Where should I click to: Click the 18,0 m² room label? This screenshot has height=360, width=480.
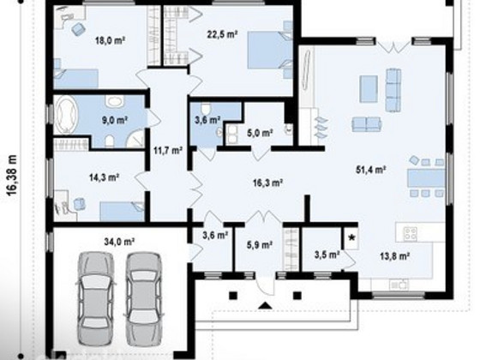111,40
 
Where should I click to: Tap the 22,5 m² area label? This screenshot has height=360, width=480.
223,34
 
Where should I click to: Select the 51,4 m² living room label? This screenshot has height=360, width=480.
370,170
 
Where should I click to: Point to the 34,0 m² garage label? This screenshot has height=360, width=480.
119,242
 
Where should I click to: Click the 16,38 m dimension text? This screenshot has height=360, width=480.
12,176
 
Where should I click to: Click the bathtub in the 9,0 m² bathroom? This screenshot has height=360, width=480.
66,115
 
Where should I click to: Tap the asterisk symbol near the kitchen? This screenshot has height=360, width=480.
352,237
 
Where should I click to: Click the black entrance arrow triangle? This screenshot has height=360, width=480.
266,305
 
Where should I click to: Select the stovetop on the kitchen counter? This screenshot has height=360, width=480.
410,233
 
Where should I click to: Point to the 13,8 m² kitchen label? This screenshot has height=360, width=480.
395,256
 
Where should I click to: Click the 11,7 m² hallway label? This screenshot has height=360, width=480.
168,151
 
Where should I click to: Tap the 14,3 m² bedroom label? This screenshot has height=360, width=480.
104,177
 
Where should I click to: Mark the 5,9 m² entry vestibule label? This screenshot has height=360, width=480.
260,244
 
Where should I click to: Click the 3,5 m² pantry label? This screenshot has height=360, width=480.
327,254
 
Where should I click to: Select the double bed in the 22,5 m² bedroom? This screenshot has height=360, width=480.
270,50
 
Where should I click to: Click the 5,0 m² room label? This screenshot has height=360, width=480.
260,133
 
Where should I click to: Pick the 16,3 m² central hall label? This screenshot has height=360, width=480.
267,183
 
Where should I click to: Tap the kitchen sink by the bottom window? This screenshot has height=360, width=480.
399,285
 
